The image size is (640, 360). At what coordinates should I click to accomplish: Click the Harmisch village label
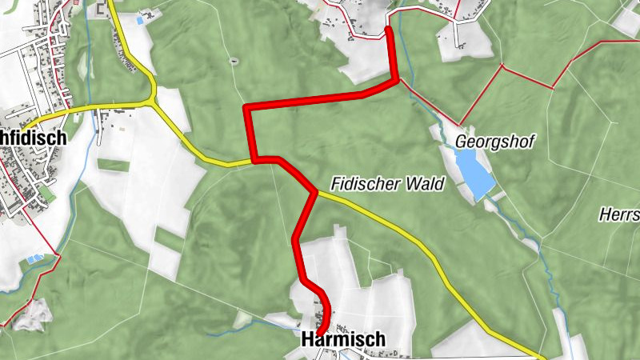[343, 339]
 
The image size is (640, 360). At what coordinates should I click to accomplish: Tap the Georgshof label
[494, 141]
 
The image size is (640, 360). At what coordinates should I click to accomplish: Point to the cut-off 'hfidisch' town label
[32, 137]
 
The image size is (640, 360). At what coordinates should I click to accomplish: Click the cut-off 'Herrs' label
[619, 214]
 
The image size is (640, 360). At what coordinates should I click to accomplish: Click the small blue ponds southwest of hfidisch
[34, 259]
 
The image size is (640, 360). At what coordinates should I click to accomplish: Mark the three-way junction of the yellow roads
[152, 102]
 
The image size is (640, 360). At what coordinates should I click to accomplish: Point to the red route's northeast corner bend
[394, 79]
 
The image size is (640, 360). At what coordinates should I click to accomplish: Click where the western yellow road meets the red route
[254, 160]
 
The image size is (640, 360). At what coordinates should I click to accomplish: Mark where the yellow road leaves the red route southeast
[316, 193]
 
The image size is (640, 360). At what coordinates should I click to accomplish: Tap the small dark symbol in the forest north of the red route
[233, 61]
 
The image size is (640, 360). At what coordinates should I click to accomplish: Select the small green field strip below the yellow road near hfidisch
[112, 166]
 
